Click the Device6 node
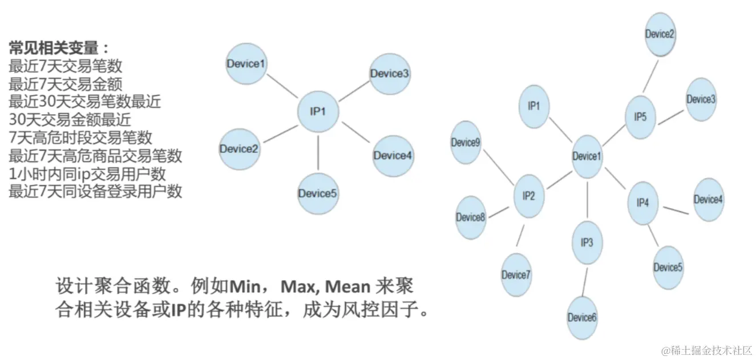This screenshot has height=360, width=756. tap(582, 317)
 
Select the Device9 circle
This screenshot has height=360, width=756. tap(466, 142)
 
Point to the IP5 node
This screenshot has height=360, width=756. tap(640, 117)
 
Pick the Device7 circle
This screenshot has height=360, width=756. tap(516, 274)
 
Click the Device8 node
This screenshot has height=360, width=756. tap(471, 217)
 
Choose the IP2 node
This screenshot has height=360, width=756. tap(529, 196)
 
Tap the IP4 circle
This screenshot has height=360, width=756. tap(642, 203)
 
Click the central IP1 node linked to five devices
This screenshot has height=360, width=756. tap(318, 112)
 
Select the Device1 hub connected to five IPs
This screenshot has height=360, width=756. tap(587, 156)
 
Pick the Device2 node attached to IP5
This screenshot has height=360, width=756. tap(660, 34)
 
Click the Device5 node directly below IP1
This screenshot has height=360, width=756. tap(318, 193)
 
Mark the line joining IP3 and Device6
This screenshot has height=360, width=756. tap(584, 280)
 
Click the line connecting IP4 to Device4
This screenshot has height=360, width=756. tap(674, 209)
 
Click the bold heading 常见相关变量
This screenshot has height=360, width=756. tap(58, 47)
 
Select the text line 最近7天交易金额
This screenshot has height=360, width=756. tap(66, 84)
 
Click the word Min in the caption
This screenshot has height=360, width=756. tap(244, 285)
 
